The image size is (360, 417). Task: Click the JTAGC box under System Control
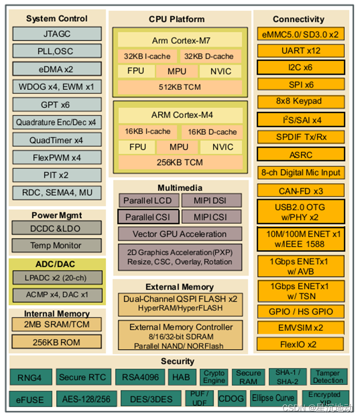click(57, 34)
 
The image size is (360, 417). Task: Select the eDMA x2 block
click(57, 69)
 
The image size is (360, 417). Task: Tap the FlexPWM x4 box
click(57, 158)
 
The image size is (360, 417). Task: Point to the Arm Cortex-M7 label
click(180, 40)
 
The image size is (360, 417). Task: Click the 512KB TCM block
click(180, 87)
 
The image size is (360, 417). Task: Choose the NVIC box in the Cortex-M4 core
click(222, 147)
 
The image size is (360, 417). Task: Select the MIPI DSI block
click(211, 201)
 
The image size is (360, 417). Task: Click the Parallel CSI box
click(148, 217)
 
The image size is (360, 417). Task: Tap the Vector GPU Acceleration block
click(180, 234)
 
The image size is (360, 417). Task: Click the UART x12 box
click(301, 50)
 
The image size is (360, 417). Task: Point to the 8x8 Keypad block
click(301, 101)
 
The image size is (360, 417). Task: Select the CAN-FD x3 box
click(301, 190)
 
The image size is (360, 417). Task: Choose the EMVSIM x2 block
click(301, 328)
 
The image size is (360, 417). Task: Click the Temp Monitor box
click(56, 245)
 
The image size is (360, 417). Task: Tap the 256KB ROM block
click(56, 342)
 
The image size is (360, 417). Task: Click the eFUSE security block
click(30, 399)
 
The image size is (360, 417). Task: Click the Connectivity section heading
click(299, 19)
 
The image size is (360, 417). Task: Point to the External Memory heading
click(180, 287)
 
